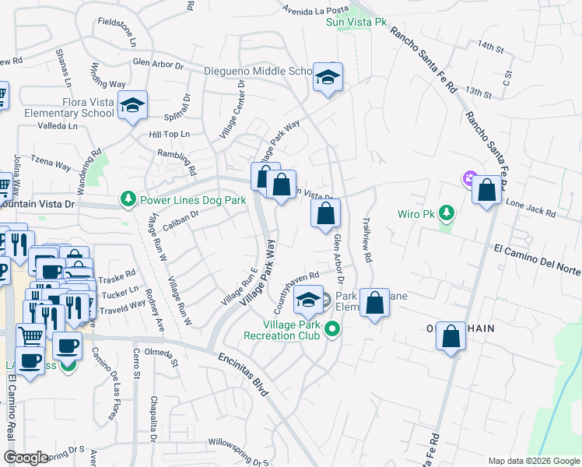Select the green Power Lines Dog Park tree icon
(128, 200)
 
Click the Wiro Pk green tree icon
(446, 212)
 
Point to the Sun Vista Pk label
(356, 23)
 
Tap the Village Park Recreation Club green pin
(333, 329)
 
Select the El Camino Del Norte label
(538, 258)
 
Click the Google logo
(26, 458)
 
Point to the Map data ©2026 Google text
(534, 461)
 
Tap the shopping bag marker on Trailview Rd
(375, 305)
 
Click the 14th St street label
(492, 47)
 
